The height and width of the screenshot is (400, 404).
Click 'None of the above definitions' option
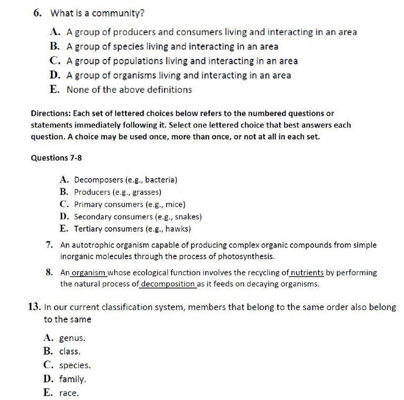click(129, 89)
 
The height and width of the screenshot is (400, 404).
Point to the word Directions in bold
click(50, 114)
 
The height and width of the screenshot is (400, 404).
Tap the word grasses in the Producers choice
click(144, 192)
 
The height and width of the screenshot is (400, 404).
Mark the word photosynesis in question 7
click(246, 257)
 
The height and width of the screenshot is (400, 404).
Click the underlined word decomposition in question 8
click(168, 284)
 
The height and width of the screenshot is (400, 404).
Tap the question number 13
click(34, 307)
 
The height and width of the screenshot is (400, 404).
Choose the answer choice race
click(68, 393)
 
